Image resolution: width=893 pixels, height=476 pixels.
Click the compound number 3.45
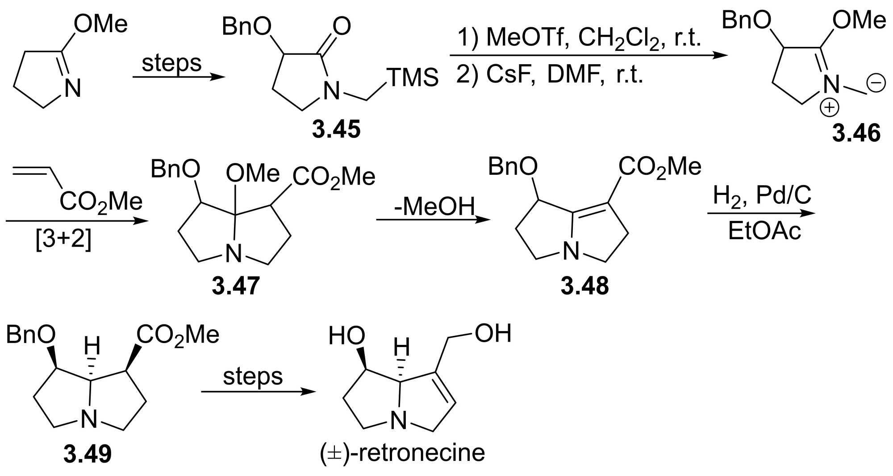(336, 129)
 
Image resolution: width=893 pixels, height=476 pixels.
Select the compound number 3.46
(856, 133)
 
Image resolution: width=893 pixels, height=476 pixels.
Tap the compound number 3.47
(235, 286)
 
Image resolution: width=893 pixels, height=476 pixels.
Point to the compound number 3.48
(584, 286)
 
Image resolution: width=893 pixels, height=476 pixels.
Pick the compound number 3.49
(88, 454)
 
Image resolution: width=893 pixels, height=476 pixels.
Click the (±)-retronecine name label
(402, 453)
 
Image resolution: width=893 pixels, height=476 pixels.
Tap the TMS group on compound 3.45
(413, 78)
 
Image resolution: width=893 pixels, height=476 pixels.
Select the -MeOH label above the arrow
(434, 206)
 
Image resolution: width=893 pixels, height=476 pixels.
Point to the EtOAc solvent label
(764, 231)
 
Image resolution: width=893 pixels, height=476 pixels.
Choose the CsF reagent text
(510, 74)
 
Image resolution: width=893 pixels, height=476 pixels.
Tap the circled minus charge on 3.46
(876, 83)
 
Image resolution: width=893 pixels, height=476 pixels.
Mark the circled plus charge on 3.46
(830, 108)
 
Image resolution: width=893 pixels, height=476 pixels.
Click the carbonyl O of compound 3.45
(342, 26)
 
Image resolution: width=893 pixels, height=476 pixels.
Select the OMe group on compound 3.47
(252, 173)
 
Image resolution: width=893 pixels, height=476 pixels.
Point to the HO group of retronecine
(346, 336)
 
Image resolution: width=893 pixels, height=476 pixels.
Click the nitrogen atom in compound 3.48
(571, 251)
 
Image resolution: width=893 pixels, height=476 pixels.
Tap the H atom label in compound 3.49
(92, 346)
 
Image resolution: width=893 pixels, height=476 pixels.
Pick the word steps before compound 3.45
(171, 63)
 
